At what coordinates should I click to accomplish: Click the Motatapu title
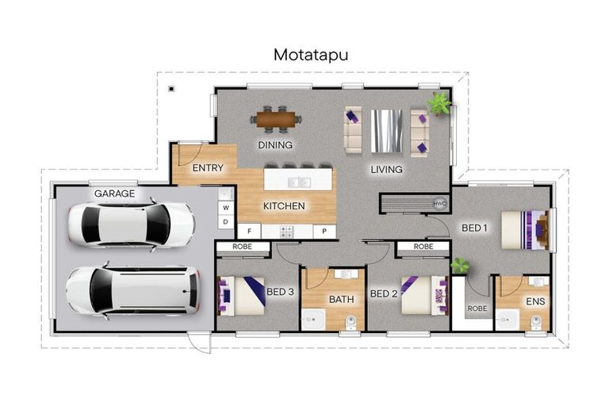coord(311,56)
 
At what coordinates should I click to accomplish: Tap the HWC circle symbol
coord(440,203)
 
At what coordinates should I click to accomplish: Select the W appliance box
coord(226,208)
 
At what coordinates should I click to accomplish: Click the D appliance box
coord(226,222)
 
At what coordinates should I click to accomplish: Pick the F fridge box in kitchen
coord(249,231)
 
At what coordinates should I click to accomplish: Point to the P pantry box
coord(324,231)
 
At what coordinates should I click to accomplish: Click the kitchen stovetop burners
coord(287,232)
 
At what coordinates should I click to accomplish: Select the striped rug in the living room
coord(386,131)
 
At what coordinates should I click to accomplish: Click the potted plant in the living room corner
coord(439,103)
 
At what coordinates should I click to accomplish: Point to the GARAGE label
coord(114,193)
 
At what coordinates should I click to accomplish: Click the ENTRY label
coord(208,168)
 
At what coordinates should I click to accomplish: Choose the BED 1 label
coord(474,228)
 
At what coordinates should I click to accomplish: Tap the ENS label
coord(535,301)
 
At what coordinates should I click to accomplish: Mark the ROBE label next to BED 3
coord(243,247)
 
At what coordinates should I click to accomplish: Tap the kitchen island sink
coord(299,182)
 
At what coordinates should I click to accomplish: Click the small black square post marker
coord(171,89)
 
